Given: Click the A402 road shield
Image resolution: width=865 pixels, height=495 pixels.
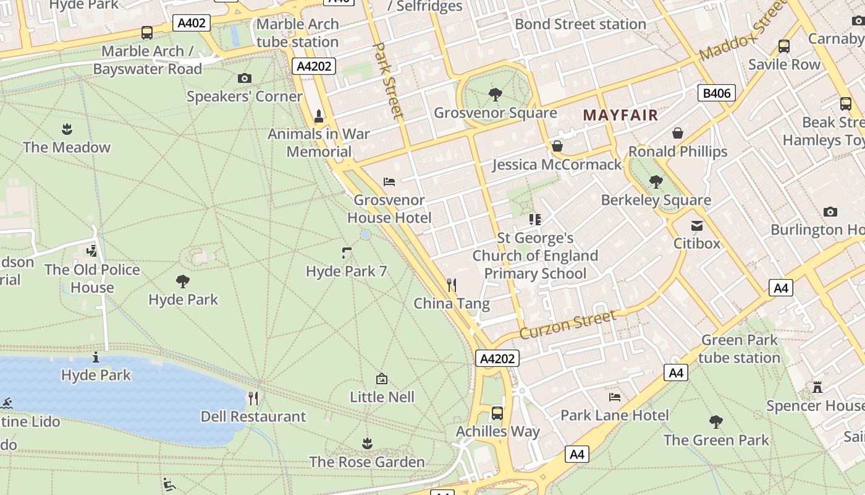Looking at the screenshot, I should point(192,24).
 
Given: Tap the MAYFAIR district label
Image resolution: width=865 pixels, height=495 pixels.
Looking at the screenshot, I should point(620,115).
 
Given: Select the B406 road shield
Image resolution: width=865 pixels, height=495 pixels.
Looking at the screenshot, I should point(717,93).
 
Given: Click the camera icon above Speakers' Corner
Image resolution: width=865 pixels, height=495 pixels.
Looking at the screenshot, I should point(245,78).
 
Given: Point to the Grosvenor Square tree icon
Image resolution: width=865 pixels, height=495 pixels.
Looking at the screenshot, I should point(495,95).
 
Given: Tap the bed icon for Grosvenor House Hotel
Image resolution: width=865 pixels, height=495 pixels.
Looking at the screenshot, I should point(389,182).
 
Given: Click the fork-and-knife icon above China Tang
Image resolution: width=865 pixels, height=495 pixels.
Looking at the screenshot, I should point(452,285).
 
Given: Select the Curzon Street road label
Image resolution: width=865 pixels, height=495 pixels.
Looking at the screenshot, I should point(568,325).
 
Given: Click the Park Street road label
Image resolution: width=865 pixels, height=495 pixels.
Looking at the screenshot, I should point(389,80).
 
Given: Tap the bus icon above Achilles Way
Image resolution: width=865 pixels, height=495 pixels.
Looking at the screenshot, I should point(497,413).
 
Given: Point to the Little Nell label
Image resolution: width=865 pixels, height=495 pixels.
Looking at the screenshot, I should point(382,397).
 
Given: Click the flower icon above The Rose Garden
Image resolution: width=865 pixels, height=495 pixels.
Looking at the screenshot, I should point(367,443).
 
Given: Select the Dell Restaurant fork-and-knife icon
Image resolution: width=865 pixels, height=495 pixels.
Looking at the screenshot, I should point(253,398).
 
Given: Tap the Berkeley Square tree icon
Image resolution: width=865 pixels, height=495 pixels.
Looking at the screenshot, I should point(656,182).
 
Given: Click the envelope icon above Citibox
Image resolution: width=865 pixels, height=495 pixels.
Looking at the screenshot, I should point(697,225).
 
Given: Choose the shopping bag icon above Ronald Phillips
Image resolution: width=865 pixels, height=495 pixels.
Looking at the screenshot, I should point(678,133).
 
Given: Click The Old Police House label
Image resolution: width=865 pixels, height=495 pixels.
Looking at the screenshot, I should point(92,278).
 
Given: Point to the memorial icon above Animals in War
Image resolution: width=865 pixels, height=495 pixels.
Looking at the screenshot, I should point(319,116).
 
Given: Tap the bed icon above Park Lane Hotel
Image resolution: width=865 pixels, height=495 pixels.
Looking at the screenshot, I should point(614,397).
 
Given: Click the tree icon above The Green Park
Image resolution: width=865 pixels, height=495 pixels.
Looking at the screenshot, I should point(716,422).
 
